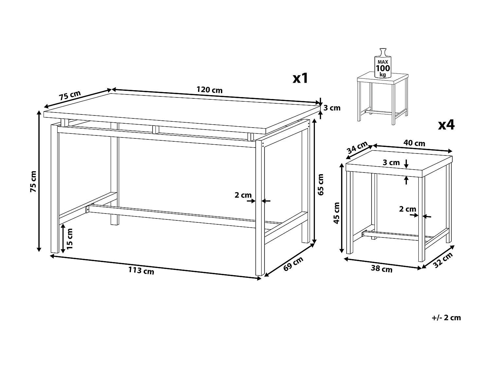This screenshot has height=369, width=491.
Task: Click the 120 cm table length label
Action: (209, 90)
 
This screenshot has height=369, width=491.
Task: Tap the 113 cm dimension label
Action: (141, 271)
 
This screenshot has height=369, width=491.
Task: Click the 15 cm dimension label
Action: (69, 239)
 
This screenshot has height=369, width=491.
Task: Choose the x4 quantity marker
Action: (446, 125)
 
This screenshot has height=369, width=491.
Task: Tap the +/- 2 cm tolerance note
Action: (446, 318)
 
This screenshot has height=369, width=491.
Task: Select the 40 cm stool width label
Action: (414, 143)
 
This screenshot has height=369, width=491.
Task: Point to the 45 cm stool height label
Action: (337, 213)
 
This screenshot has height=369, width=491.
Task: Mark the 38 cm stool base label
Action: (381, 269)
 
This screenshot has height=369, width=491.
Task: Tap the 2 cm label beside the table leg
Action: (243, 195)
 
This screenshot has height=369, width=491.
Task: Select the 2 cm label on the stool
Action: (408, 209)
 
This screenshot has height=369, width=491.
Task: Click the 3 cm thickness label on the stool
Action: (391, 162)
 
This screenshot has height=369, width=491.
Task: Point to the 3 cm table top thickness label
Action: (332, 108)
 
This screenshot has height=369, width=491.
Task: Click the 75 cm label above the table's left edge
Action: (70, 95)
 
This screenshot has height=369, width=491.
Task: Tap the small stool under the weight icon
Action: (382, 98)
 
